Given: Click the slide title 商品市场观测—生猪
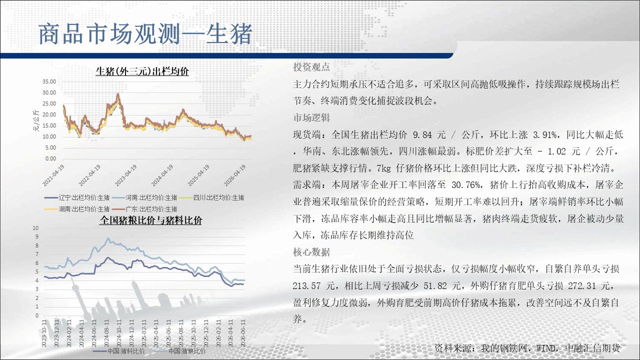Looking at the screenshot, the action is [x=145, y=34].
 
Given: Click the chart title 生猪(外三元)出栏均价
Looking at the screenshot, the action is [x=142, y=71].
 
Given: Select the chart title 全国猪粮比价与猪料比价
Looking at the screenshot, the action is [x=150, y=220].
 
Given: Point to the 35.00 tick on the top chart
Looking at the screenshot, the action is [x=49, y=81].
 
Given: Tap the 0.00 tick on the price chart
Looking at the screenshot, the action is [x=50, y=158].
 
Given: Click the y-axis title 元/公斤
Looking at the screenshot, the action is [x=36, y=120].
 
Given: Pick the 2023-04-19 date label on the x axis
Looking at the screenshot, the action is [x=125, y=175].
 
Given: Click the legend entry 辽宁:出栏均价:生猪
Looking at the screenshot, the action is [x=77, y=197].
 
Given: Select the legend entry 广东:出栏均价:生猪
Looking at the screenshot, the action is [x=144, y=209].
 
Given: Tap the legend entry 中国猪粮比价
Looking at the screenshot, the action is [x=180, y=351].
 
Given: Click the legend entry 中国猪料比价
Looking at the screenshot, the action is [x=119, y=351].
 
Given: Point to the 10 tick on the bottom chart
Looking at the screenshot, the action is [x=35, y=228].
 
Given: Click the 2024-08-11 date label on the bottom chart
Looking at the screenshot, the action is [x=107, y=333].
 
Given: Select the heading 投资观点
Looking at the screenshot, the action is [x=311, y=67].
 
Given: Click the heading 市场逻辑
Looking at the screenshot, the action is [x=311, y=117].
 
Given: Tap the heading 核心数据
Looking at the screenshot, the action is [x=311, y=252].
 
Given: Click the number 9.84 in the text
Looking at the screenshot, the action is [x=422, y=134].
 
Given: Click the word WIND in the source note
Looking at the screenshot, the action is [x=546, y=348].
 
